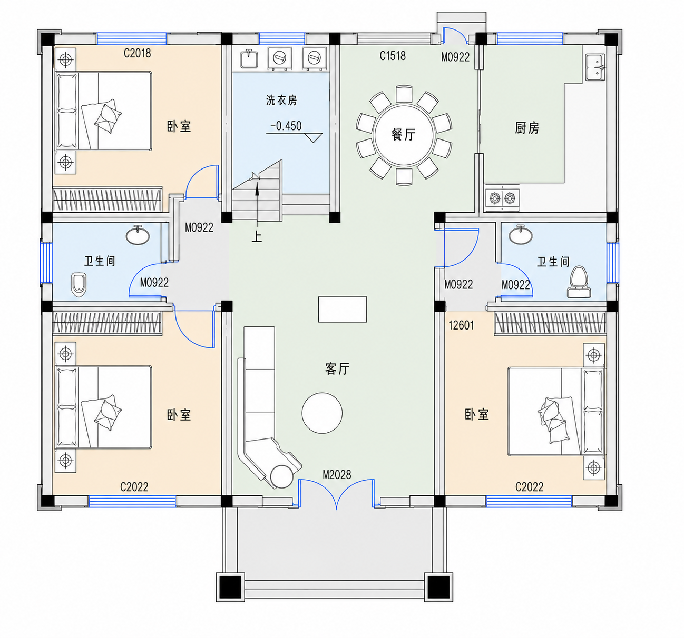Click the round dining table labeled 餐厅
coord(403,135)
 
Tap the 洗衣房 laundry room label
coord(281,100)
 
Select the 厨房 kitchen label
coord(526,128)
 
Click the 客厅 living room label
coord(337,368)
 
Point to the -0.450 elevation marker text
coord(286,126)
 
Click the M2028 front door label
coord(337,475)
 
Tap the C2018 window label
coord(137,53)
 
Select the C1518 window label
coord(392,55)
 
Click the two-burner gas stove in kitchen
coord(502,198)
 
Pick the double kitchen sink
coord(595,67)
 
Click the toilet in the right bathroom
coord(579,282)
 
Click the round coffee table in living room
coord(322,413)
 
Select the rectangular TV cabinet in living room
coord(343,310)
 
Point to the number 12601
coord(461,325)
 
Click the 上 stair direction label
coord(257,237)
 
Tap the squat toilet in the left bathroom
coord(79,285)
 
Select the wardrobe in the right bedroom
coord(550,323)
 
